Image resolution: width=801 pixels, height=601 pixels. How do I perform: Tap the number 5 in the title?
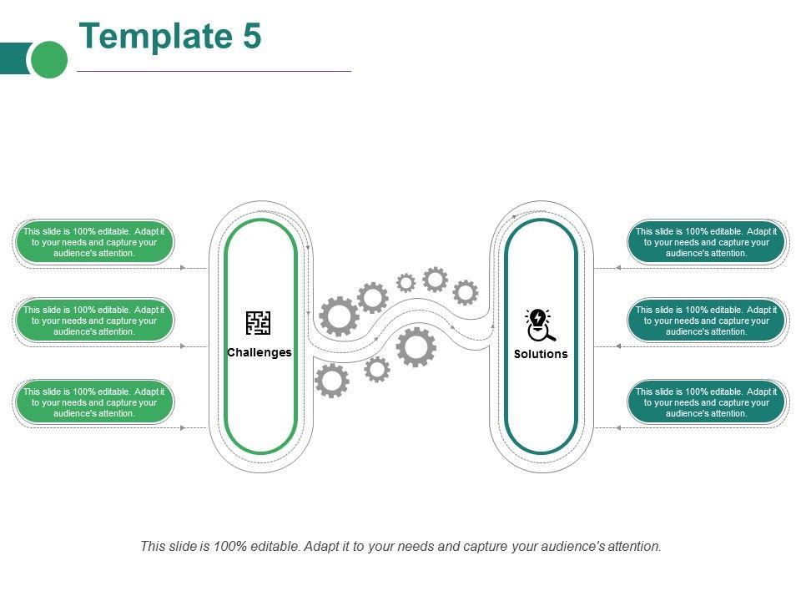(x=252, y=36)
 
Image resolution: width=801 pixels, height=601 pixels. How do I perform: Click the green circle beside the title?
(x=49, y=59)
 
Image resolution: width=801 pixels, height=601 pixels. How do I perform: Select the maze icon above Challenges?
(x=258, y=323)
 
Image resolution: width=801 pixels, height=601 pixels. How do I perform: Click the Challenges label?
(x=259, y=352)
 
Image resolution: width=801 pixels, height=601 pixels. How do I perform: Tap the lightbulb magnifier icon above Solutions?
(x=540, y=325)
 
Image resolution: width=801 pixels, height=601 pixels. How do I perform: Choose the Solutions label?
(x=541, y=354)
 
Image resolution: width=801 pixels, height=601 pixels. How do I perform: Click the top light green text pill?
(x=94, y=242)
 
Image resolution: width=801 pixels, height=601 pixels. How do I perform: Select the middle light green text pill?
(x=94, y=321)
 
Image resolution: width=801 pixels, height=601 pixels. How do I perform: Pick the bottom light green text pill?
(x=94, y=402)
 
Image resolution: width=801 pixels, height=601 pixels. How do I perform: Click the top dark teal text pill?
(x=706, y=242)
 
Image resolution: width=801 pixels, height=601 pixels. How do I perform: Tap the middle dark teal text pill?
(x=706, y=321)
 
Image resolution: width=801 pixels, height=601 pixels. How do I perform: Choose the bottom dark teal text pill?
(x=706, y=402)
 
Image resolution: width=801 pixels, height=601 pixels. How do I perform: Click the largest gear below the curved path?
(x=416, y=347)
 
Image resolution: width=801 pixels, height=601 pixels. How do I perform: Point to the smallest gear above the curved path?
(x=406, y=283)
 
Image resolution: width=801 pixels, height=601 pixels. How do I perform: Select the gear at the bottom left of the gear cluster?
(x=332, y=381)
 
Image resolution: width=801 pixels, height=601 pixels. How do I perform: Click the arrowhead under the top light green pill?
(x=183, y=268)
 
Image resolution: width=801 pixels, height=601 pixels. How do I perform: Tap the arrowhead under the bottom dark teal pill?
(x=618, y=427)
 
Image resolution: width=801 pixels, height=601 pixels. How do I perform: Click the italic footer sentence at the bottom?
(x=400, y=546)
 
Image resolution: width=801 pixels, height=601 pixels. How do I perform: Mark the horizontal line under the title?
(x=214, y=71)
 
